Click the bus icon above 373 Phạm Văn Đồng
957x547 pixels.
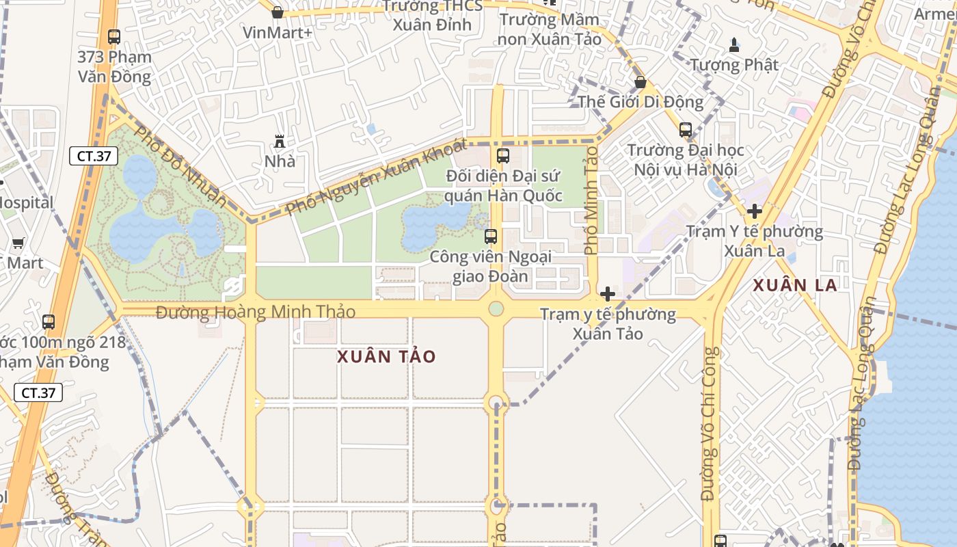(x=114, y=37)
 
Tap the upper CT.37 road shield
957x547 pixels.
(x=94, y=156)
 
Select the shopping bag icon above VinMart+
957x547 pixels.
(x=278, y=12)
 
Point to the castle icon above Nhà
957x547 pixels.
(x=280, y=142)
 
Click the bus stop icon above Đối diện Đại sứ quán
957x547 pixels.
(x=503, y=156)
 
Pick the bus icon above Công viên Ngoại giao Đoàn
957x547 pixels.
(x=491, y=237)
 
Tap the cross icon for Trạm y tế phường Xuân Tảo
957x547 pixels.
(x=607, y=294)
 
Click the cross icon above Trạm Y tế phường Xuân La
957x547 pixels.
(x=755, y=211)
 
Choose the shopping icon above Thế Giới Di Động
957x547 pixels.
(x=641, y=82)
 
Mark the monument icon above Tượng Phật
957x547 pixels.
(x=734, y=45)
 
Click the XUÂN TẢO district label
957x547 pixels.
(x=386, y=356)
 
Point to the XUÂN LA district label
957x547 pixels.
(x=795, y=285)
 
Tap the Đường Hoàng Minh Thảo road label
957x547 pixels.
(x=256, y=312)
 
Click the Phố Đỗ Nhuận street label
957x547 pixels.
(x=180, y=164)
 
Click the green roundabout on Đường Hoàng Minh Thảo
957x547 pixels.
(x=496, y=309)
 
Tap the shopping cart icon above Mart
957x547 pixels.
(x=18, y=243)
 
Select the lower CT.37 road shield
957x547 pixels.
(x=38, y=392)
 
